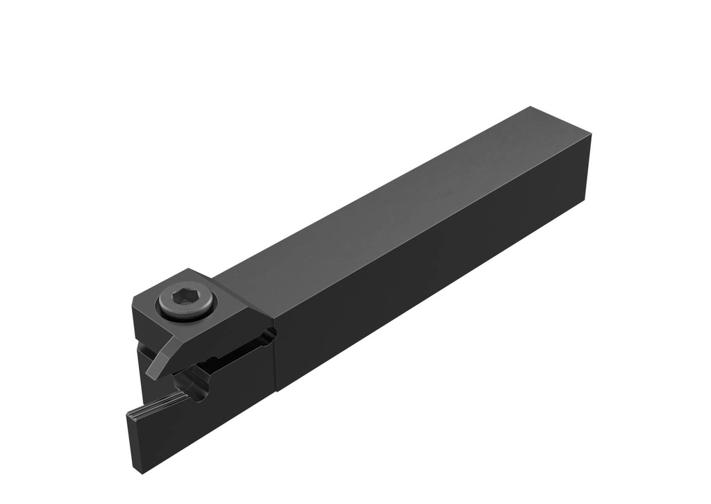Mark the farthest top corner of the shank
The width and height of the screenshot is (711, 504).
530,107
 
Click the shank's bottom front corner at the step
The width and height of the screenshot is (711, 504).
277,391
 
